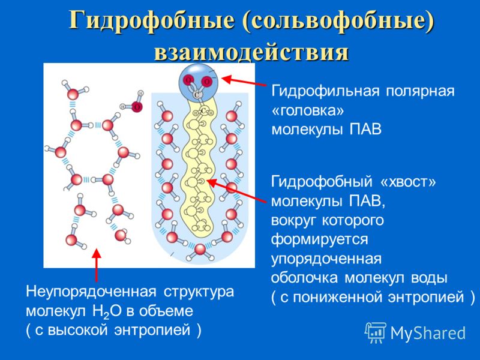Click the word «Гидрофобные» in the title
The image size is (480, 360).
(152, 21)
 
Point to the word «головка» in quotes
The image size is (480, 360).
(308, 111)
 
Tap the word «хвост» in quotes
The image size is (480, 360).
(407, 182)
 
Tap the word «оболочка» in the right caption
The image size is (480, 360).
(304, 278)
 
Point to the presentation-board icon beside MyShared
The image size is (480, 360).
(376, 332)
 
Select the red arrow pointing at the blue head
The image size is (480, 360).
(244, 81)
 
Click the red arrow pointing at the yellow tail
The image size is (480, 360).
(236, 190)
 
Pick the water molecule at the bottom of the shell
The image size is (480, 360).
(200, 251)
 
